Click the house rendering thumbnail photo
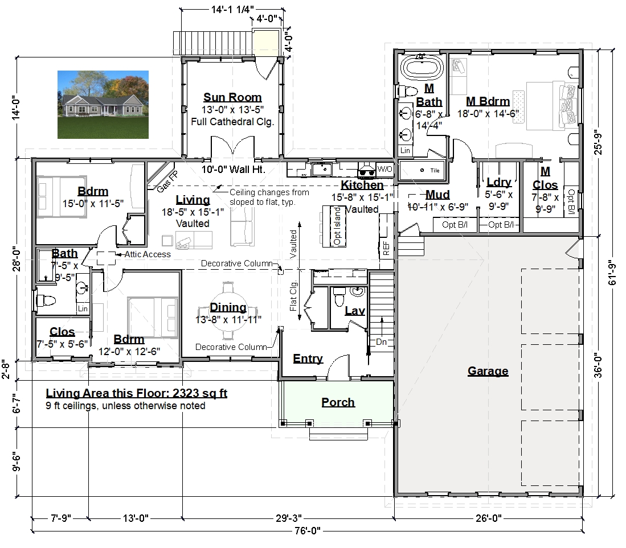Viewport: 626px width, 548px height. pyautogui.click(x=103, y=105)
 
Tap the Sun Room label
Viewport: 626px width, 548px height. pyautogui.click(x=232, y=97)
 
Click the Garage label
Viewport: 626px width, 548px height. pyautogui.click(x=488, y=371)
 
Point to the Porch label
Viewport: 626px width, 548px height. pyautogui.click(x=338, y=402)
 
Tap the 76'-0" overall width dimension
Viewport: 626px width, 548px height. pyautogui.click(x=308, y=531)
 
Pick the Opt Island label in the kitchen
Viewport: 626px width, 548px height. pyautogui.click(x=337, y=226)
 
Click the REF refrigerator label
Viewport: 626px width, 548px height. pyautogui.click(x=386, y=248)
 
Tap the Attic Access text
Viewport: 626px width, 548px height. pyautogui.click(x=148, y=254)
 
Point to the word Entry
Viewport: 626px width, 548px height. pyautogui.click(x=308, y=359)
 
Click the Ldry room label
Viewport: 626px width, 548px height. pyautogui.click(x=499, y=182)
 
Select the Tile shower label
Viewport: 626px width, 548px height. pyautogui.click(x=435, y=170)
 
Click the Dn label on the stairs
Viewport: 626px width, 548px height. pyautogui.click(x=381, y=342)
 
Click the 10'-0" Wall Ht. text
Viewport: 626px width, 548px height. pyautogui.click(x=233, y=170)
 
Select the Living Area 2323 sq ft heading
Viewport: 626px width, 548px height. pyautogui.click(x=137, y=393)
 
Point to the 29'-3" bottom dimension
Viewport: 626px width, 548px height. pyautogui.click(x=288, y=518)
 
